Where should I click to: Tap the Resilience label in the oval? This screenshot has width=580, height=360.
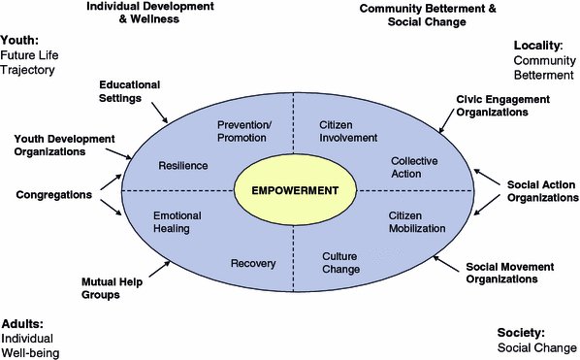click(x=182, y=165)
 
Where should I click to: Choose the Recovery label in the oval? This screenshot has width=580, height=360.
click(x=253, y=263)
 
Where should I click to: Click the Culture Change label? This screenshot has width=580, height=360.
click(x=340, y=263)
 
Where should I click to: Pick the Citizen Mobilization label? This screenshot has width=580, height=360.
click(x=417, y=221)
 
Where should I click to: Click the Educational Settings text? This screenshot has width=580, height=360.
click(x=129, y=91)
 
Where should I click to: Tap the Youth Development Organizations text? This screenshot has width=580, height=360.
click(x=65, y=145)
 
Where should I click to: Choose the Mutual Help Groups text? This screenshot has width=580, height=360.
click(x=114, y=288)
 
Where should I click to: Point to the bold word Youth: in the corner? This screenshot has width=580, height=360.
click(x=20, y=41)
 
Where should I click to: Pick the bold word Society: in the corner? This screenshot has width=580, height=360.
click(x=521, y=332)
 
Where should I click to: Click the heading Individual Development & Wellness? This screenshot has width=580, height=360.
click(x=148, y=12)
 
